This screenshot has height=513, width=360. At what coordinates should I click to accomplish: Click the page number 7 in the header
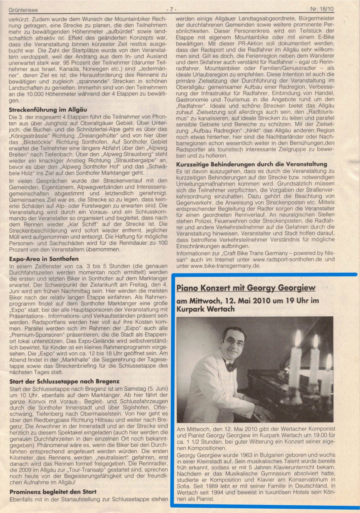click(x=172, y=9)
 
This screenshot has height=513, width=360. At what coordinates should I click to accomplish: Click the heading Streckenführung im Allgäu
click(x=48, y=110)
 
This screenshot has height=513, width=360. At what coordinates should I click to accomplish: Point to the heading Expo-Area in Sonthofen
click(x=44, y=259)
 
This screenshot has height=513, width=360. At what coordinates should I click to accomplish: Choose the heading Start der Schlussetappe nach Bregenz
click(x=64, y=381)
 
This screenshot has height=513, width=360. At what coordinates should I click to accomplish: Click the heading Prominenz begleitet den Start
click(x=53, y=492)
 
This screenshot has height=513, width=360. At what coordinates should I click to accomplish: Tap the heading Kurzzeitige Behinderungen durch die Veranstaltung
click(x=251, y=164)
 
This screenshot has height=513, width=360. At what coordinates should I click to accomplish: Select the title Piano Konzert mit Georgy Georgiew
click(x=246, y=288)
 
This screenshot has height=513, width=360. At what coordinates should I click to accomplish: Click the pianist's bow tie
click(x=231, y=368)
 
